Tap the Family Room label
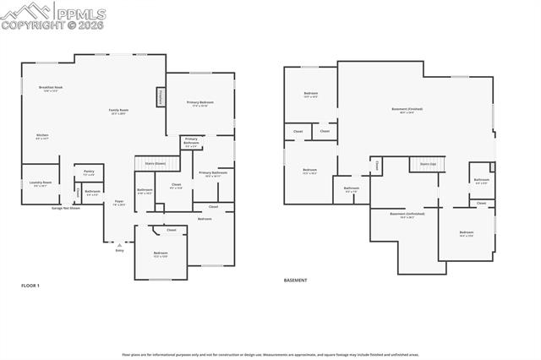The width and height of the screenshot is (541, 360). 117,112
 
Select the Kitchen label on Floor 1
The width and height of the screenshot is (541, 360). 42,136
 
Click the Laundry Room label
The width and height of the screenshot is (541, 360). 41,183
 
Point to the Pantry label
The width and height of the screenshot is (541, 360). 89,172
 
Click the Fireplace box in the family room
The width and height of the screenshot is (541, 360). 160,98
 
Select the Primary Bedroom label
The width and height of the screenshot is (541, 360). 200,103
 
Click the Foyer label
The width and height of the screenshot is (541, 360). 119,202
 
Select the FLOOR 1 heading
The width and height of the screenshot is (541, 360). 30,286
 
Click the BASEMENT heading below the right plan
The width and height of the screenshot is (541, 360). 295,280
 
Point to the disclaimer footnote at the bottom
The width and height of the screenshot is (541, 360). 270,354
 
